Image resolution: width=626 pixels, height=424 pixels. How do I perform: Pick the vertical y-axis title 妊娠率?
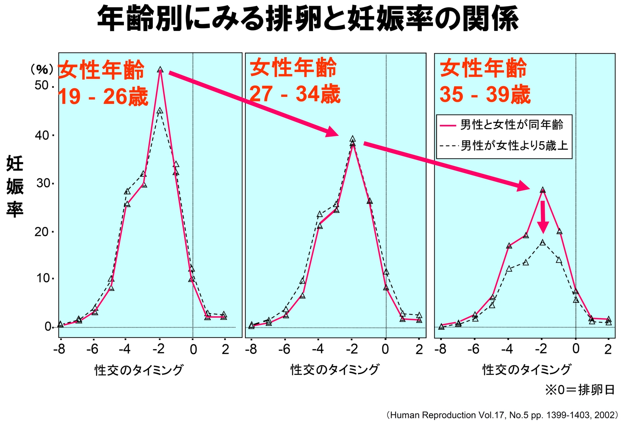click(x=15, y=186)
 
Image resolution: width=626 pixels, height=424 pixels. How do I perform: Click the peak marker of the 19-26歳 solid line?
click(x=160, y=70)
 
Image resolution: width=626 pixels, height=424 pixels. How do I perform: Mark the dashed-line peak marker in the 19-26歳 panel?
click(x=160, y=110)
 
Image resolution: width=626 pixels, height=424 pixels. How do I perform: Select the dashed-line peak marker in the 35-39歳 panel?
click(x=543, y=243)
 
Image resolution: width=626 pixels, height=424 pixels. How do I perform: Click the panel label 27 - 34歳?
click(x=295, y=94)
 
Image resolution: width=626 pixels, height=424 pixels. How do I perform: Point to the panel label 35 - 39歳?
click(x=485, y=95)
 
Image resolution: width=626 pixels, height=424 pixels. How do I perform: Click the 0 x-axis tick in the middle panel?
click(x=385, y=349)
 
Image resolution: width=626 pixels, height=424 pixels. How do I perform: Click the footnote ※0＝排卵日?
click(x=580, y=390)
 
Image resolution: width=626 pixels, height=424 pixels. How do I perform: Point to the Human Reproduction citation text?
click(x=503, y=415)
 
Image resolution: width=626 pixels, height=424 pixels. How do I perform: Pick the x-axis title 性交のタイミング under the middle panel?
click(x=335, y=370)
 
